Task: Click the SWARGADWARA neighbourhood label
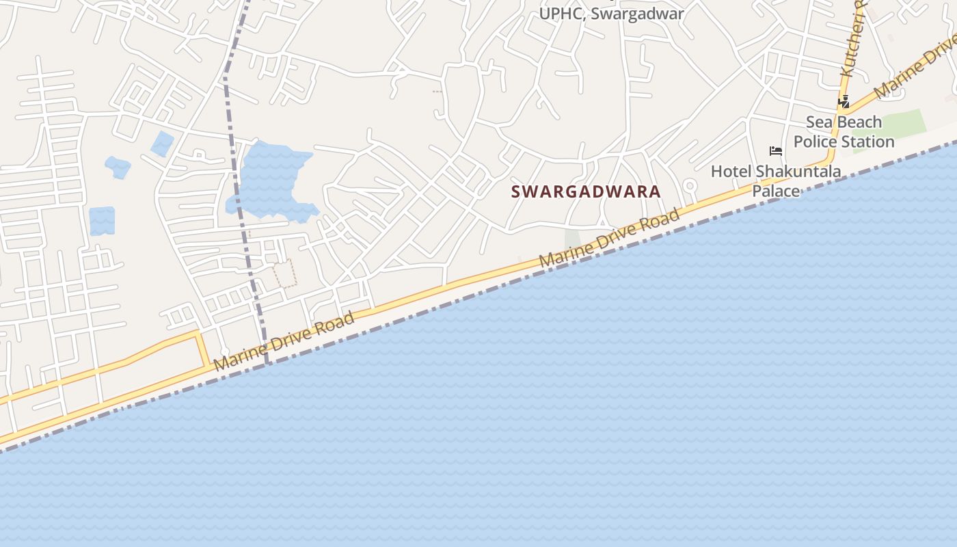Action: [586, 191]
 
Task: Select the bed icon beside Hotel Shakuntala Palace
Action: [775, 150]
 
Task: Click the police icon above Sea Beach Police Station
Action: [844, 102]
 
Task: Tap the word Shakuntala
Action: [794, 171]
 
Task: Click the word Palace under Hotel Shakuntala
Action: [776, 190]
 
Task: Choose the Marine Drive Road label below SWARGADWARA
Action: [610, 239]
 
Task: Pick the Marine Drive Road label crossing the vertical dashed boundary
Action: [284, 341]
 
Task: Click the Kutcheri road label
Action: [853, 41]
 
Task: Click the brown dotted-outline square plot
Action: [285, 273]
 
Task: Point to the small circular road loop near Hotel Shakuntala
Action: [689, 185]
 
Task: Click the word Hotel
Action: [730, 171]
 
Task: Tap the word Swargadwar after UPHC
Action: [636, 14]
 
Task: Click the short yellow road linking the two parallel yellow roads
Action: [203, 350]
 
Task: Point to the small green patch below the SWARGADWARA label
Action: [572, 239]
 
